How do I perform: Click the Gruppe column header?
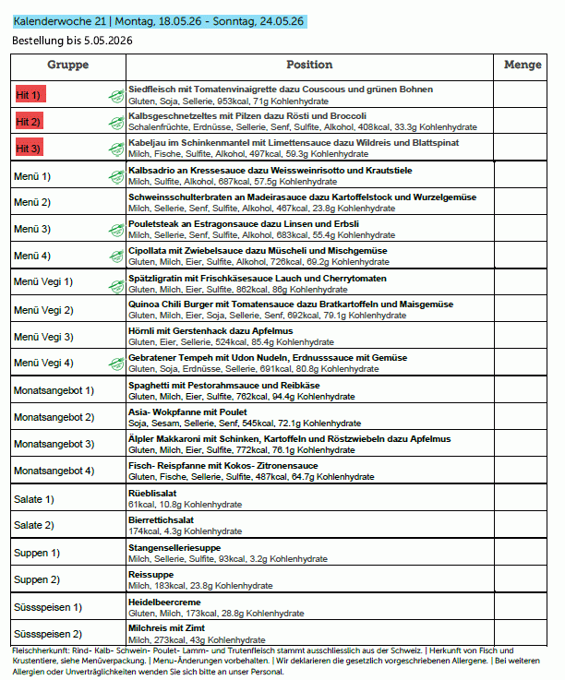coord(67,66)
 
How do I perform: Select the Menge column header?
coord(523,66)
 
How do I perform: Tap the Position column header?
coord(309,66)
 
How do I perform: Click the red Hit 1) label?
coord(30,95)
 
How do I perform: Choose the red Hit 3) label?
coord(30,149)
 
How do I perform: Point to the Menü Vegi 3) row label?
coord(43,337)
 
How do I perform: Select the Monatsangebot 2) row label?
coord(54,417)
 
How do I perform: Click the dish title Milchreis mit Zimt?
coord(167,627)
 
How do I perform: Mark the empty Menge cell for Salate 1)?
coord(523,499)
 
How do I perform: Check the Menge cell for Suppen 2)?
coord(523,579)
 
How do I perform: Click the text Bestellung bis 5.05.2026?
coord(71,42)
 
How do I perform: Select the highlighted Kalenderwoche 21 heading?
coord(157,20)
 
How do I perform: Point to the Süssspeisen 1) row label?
coord(48,606)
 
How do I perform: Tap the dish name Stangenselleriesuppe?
coord(174,547)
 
